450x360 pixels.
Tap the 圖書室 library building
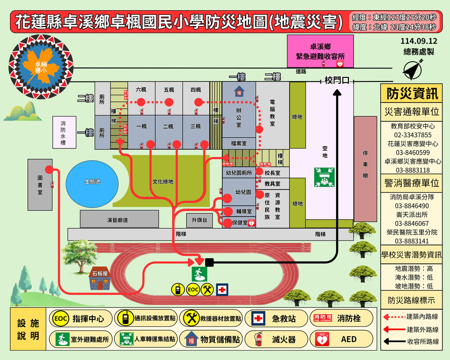click(40, 184)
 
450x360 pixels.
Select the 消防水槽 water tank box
click(63, 132)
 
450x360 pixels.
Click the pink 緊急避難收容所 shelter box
click(320, 51)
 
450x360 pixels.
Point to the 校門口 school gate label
click(337, 81)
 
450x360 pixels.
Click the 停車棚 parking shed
click(365, 168)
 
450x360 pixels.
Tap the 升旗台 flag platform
click(199, 220)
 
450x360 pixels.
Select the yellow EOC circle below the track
click(193, 289)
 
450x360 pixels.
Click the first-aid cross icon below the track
click(222, 290)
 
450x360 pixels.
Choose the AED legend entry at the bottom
click(342, 339)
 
